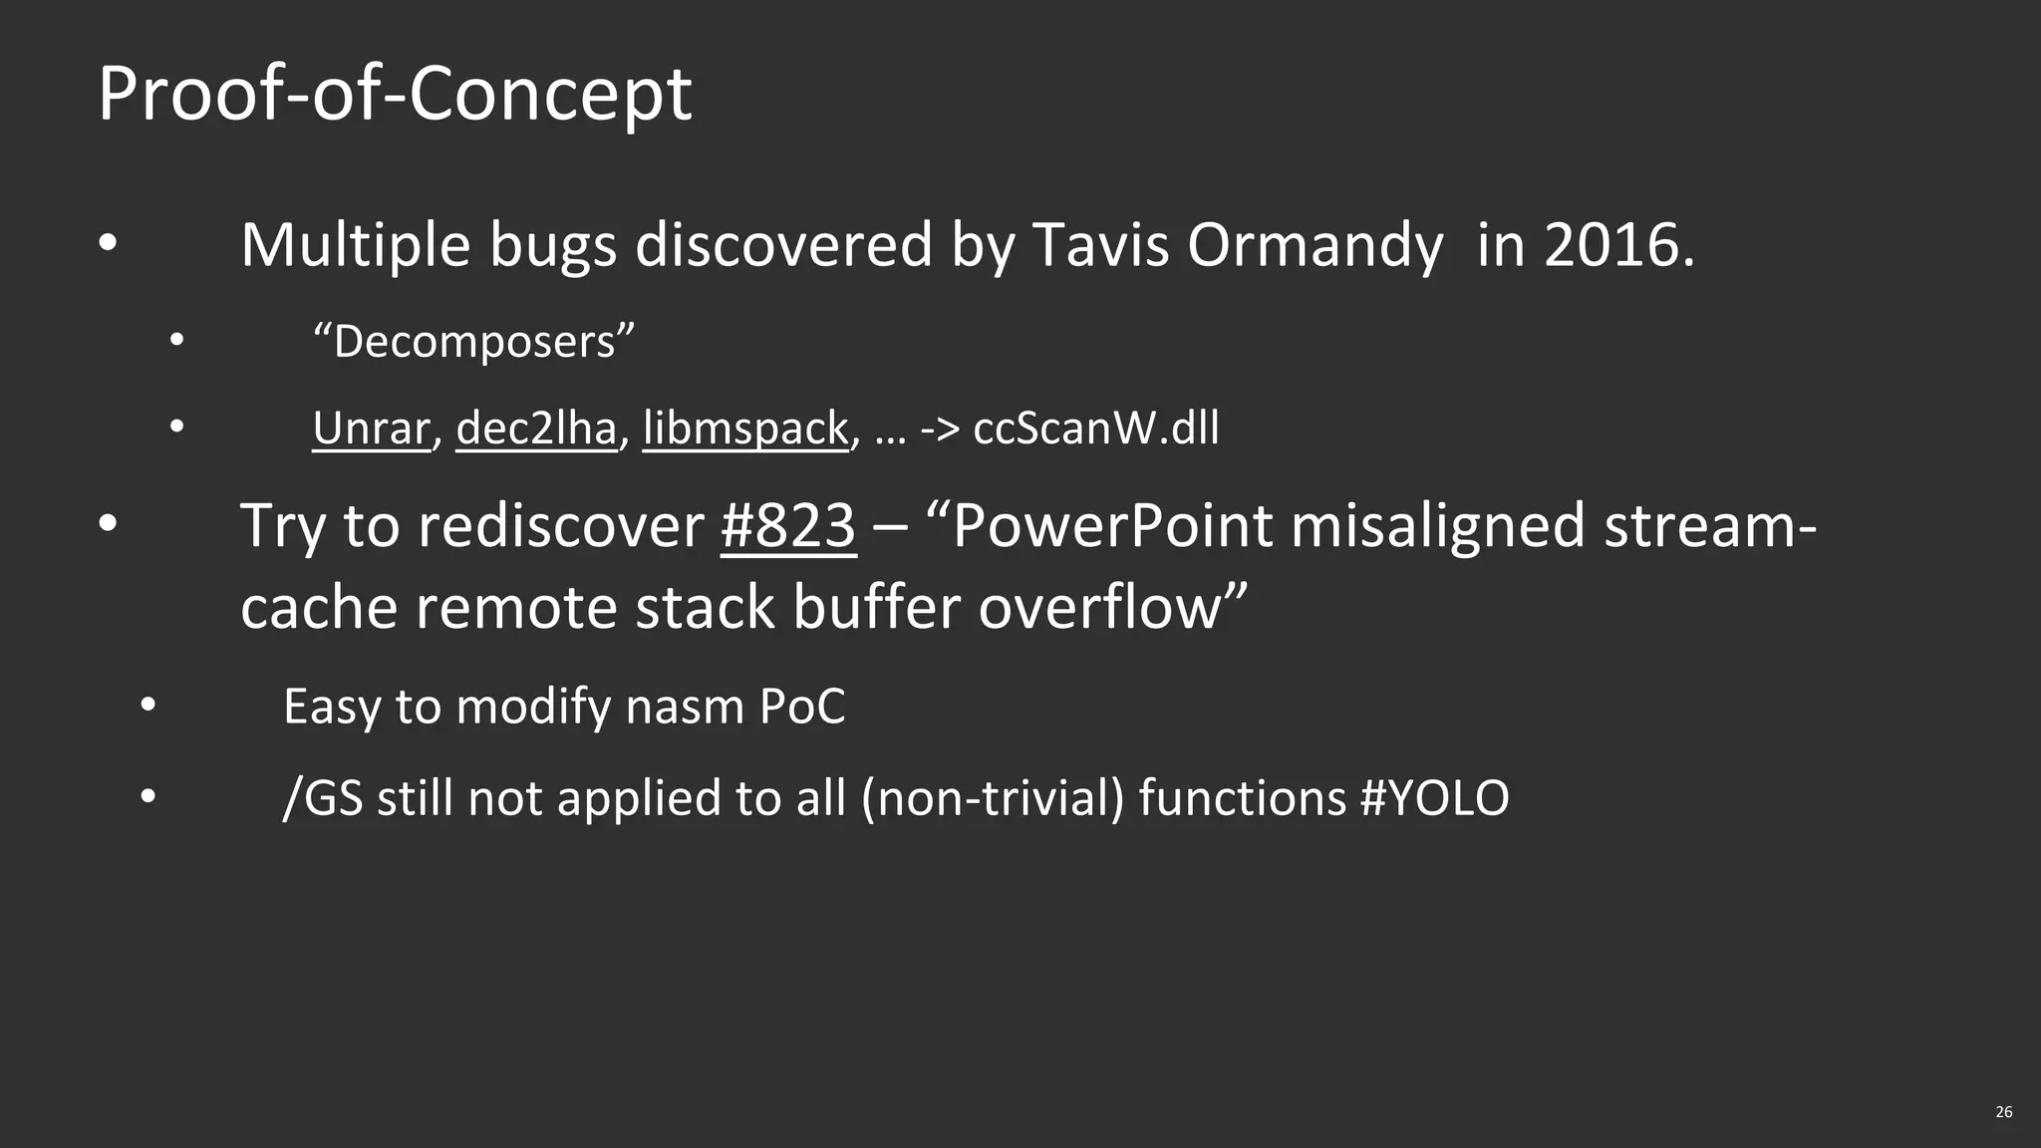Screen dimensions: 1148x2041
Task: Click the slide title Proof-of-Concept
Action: click(395, 94)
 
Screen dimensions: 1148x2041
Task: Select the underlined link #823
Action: click(788, 525)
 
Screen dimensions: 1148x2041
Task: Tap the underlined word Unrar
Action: click(371, 429)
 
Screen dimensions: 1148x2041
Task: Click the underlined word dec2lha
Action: click(536, 429)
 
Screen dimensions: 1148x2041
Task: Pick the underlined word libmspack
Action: click(744, 429)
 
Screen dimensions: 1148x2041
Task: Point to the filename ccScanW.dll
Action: click(1095, 429)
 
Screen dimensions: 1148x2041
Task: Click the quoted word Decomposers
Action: click(473, 342)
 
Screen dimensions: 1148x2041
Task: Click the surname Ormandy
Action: click(1314, 245)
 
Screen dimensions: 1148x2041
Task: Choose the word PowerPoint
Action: click(1112, 525)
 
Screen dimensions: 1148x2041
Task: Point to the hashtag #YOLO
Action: click(1434, 798)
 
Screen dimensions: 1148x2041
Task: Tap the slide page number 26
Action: click(2004, 1112)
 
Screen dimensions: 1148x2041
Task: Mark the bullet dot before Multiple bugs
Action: click(108, 243)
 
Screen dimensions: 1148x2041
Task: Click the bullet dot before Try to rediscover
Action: click(108, 523)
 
